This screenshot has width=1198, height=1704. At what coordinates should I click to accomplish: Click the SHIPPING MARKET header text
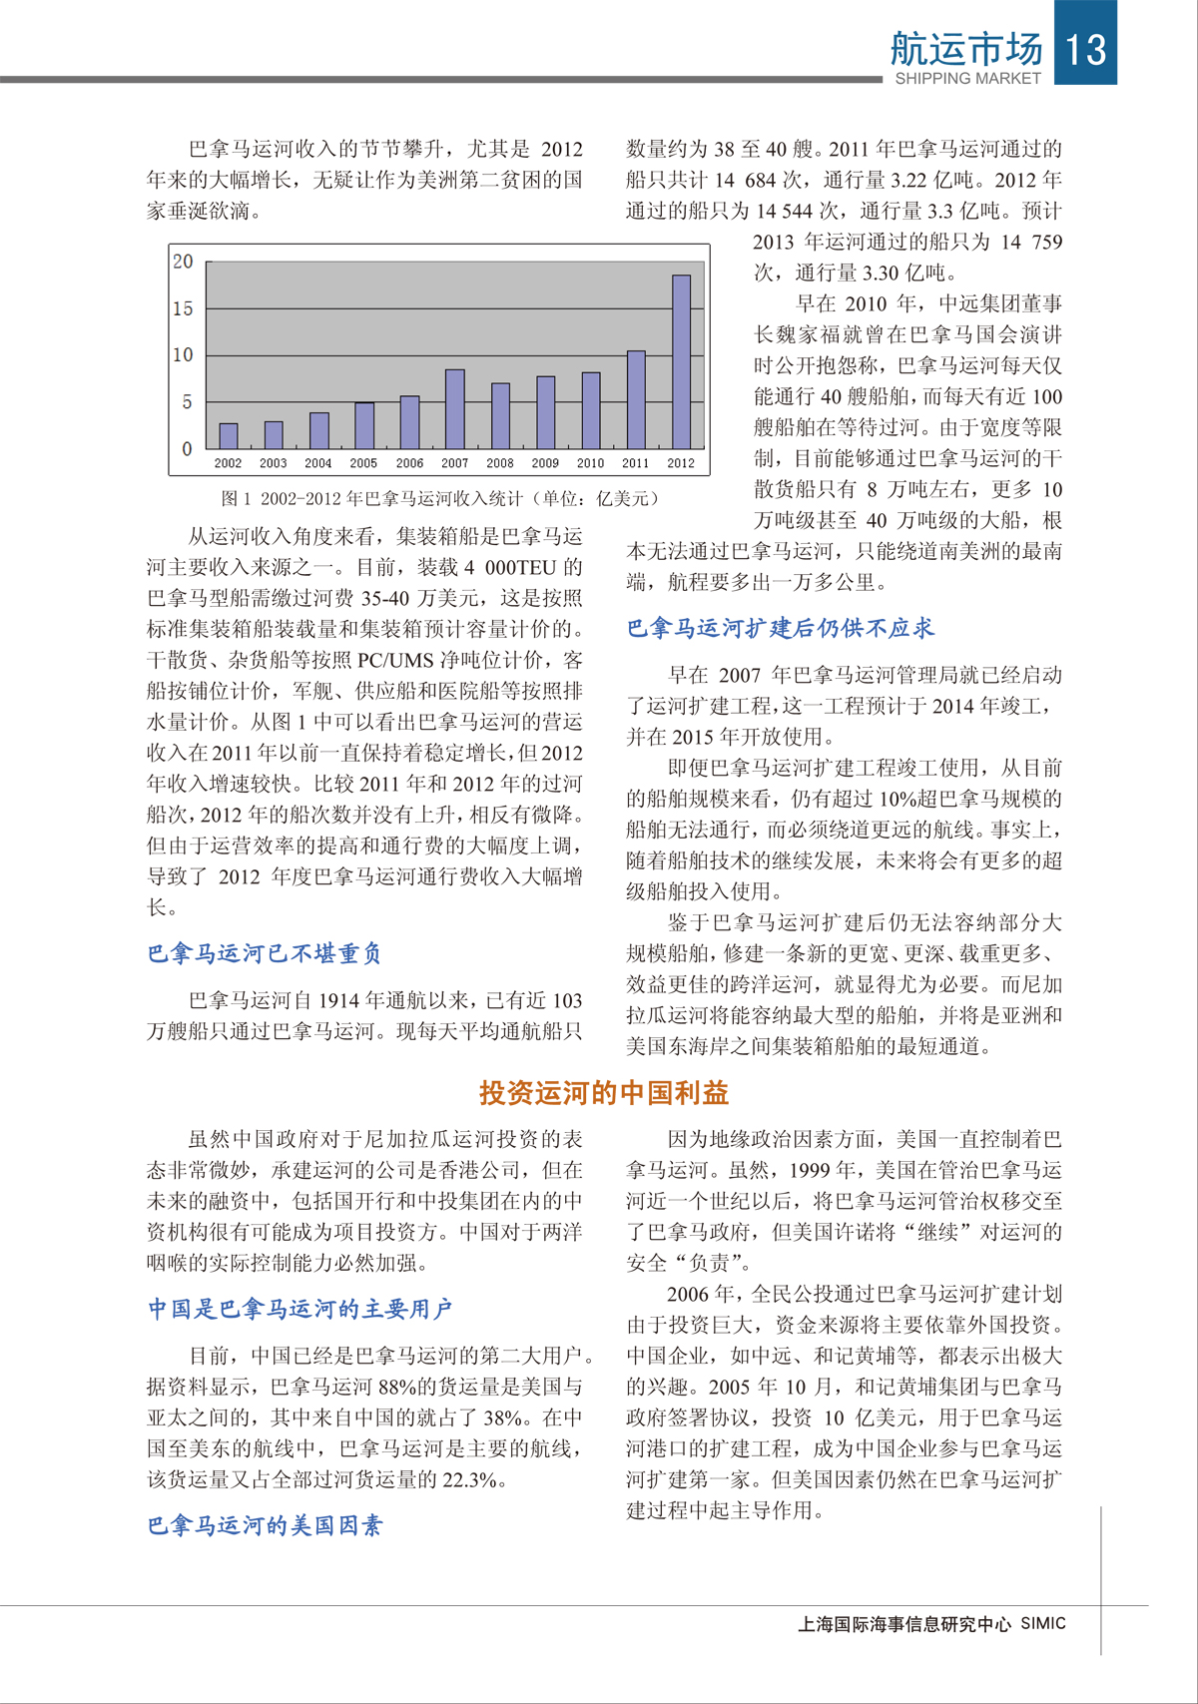pos(967,78)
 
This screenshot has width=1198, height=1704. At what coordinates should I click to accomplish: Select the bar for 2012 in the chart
pos(681,361)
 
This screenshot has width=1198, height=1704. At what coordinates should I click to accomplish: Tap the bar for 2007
pos(454,409)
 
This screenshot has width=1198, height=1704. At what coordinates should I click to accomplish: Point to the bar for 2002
pos(228,436)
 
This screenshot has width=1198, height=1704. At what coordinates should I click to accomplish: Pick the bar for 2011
pos(636,399)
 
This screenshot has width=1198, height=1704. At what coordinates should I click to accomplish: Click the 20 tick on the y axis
pos(183,262)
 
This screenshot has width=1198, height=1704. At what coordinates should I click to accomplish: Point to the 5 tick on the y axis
pos(187,401)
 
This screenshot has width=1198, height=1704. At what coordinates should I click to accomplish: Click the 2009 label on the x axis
pos(545,463)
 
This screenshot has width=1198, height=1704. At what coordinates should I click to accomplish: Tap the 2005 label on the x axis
pos(363,463)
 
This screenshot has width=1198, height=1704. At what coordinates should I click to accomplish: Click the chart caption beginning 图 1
pos(439,498)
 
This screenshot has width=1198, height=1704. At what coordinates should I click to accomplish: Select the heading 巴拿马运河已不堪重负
pos(265,953)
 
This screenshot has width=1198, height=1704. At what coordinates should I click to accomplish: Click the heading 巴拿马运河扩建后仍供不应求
pos(781,628)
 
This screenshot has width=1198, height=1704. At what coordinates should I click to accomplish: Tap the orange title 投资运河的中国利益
pos(604,1093)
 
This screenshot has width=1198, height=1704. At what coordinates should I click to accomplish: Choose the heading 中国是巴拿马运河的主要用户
pos(300,1309)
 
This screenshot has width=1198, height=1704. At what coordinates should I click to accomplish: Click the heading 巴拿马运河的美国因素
pos(265,1525)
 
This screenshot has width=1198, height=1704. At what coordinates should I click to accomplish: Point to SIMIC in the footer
pos(1043,1623)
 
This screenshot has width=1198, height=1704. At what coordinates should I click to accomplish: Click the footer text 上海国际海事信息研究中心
pos(904,1624)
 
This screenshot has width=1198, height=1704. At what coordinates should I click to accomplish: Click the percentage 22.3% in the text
pos(469,1479)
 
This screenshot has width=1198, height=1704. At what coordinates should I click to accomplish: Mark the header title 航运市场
pos(966,48)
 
